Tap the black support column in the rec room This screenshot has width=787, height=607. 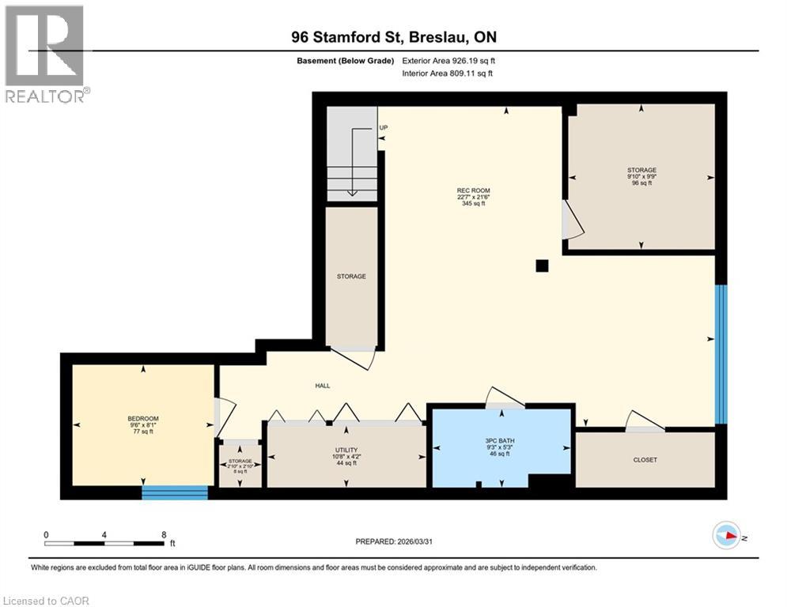tap(542, 266)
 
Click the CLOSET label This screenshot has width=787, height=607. tap(645, 459)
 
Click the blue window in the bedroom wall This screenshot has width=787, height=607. tap(175, 493)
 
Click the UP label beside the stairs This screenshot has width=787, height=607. tap(384, 127)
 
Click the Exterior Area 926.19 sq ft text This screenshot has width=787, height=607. tap(448, 61)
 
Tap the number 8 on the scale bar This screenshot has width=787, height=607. tap(164, 534)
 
